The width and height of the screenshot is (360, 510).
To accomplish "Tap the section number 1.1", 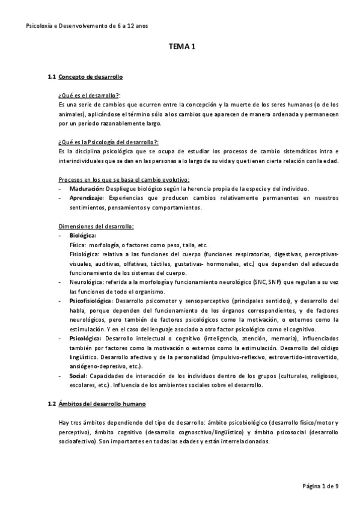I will (x=52, y=78).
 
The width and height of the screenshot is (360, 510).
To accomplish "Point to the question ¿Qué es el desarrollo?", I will (x=89, y=96).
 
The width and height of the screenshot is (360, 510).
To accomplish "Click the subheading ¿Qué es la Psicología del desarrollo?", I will (x=108, y=142).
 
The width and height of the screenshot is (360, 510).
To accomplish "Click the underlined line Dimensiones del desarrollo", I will (x=96, y=226).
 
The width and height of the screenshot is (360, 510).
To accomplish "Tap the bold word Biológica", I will (x=83, y=235).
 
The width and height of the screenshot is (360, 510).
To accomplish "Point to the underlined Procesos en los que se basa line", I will (x=124, y=179).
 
